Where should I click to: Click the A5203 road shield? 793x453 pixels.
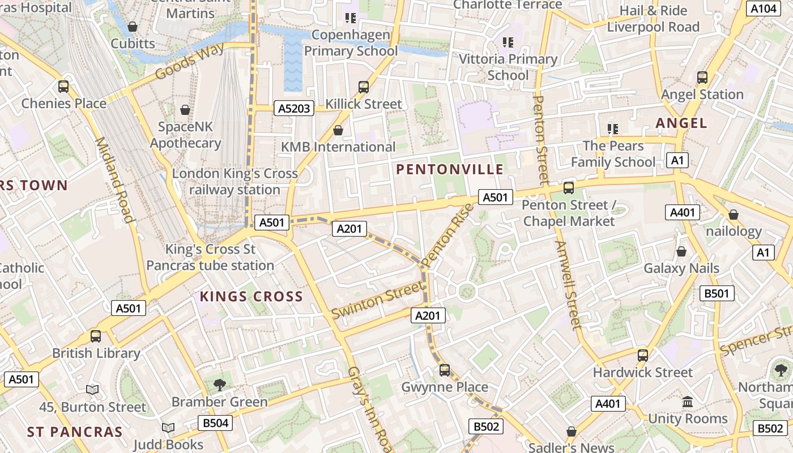(294, 108)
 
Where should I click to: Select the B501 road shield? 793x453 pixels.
(717, 293)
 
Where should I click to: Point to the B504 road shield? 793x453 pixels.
(215, 423)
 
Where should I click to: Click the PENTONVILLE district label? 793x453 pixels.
(450, 169)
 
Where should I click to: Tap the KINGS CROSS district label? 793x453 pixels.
(251, 297)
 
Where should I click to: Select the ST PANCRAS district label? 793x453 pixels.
(75, 432)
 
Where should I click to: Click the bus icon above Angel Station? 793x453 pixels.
(702, 78)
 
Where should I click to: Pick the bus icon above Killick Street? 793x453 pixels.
(364, 87)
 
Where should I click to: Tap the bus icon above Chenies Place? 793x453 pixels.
(63, 87)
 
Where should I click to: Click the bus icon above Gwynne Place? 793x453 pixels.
(445, 370)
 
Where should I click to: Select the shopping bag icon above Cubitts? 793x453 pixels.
(133, 27)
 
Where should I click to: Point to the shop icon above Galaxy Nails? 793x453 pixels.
(681, 251)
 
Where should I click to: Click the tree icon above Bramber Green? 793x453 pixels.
(220, 385)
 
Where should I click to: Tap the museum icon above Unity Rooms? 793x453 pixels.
(688, 402)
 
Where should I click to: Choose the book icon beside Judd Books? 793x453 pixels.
(168, 428)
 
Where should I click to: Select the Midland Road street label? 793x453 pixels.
(114, 180)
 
